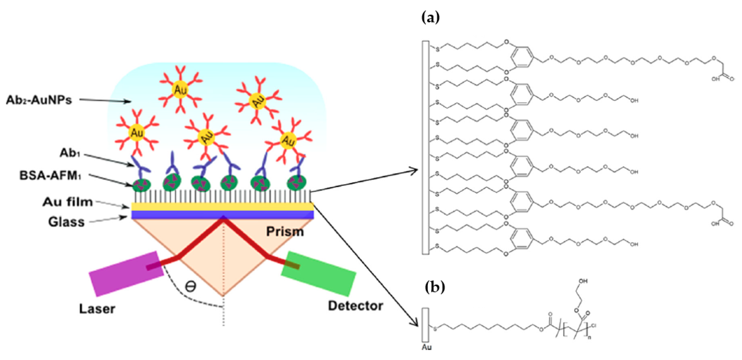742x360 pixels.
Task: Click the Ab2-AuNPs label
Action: pos(39,100)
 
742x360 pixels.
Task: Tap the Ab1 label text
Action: pos(69,153)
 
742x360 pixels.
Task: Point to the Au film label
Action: pos(68,202)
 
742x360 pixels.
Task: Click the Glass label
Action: pos(66,222)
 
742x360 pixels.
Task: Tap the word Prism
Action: pos(284,231)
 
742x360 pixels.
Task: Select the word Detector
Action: pos(355,306)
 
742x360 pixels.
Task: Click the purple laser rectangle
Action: pos(126,274)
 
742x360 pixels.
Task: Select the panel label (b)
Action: pos(435,287)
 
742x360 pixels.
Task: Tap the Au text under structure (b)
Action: pos(427,347)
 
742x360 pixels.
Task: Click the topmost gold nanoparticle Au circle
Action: pos(180,90)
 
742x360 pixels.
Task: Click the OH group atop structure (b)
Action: pos(583,281)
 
